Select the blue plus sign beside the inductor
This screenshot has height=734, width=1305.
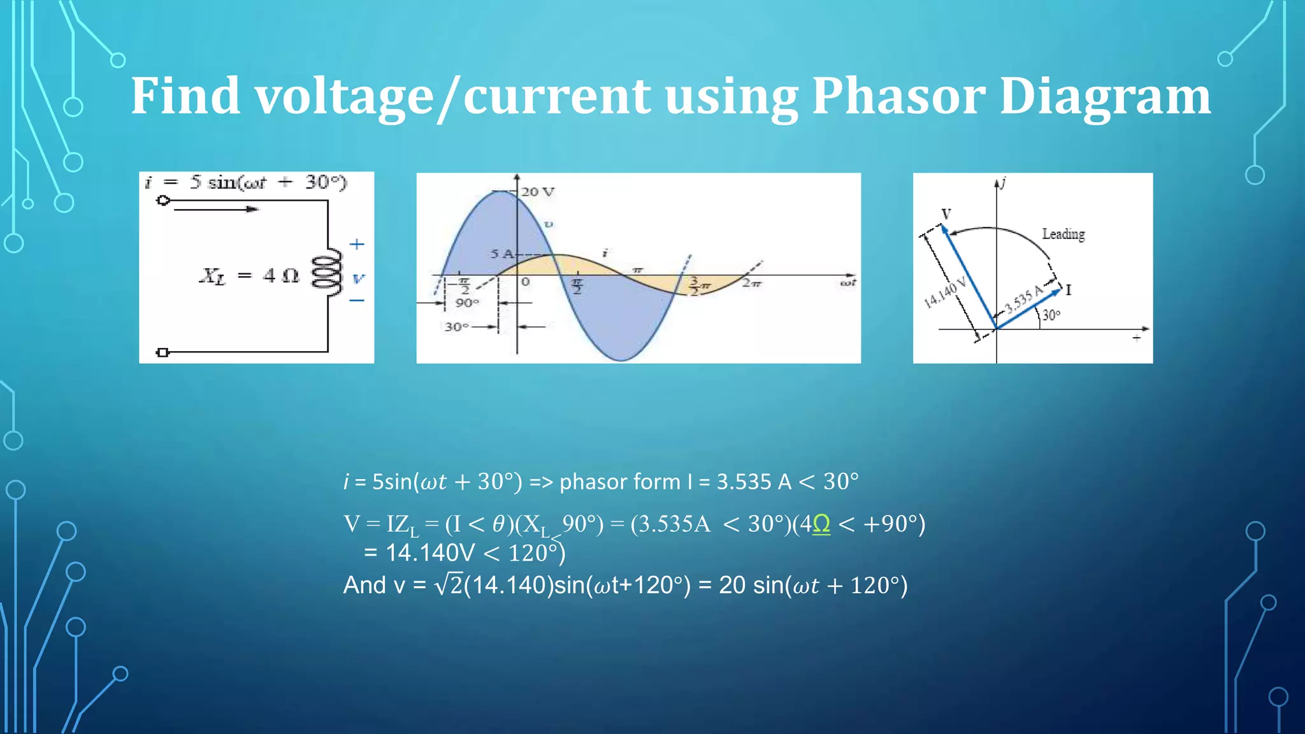point(357,244)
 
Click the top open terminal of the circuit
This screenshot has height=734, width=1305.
point(163,201)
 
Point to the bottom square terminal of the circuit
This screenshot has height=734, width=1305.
point(162,352)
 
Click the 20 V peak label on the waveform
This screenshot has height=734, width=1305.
point(538,192)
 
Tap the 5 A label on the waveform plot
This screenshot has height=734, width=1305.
point(501,254)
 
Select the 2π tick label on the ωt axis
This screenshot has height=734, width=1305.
point(751,283)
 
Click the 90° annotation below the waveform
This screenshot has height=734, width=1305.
point(466,303)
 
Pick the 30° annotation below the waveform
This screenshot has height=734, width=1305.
point(456,327)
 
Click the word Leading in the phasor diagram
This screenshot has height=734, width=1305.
point(1063,234)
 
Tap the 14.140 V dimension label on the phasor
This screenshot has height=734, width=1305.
point(945,292)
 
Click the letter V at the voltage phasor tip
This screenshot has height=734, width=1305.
point(946,214)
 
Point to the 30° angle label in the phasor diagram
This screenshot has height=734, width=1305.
point(1051,315)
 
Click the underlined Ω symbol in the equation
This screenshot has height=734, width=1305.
point(821,524)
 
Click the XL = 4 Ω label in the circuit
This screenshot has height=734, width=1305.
point(249,276)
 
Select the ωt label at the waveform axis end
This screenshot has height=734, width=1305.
point(847,282)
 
